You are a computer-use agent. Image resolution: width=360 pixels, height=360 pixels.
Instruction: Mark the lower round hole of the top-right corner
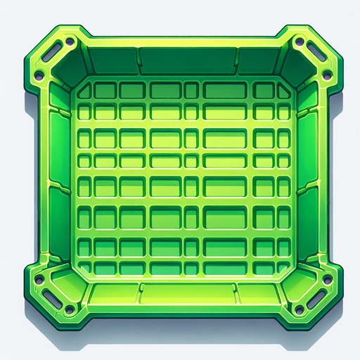(x=326, y=75)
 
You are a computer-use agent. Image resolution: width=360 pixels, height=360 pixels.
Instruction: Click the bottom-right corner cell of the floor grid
(x=281, y=266)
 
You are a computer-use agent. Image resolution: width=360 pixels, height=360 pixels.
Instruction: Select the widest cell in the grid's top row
(x=225, y=91)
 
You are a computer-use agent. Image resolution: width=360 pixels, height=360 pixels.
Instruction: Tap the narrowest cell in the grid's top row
(x=191, y=91)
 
